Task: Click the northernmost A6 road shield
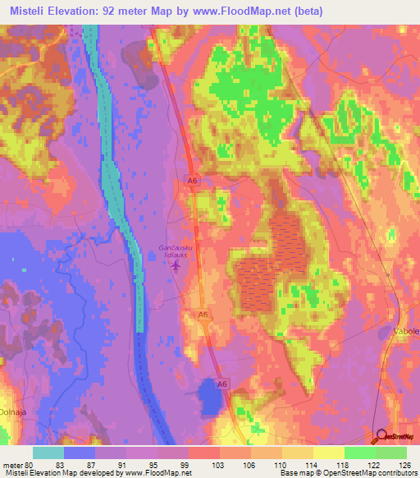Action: [x=192, y=182]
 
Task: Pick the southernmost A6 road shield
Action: [x=221, y=383]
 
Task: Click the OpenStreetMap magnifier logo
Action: [x=381, y=437]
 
